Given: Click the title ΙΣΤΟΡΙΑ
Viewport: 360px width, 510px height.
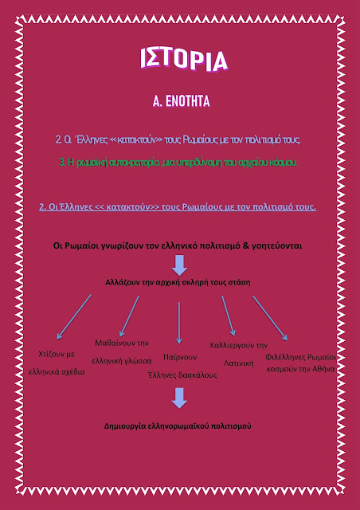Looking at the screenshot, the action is pos(184,60).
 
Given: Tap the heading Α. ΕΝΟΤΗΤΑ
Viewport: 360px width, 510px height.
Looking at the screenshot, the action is pos(181,101).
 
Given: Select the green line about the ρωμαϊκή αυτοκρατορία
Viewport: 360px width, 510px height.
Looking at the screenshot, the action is pos(178,163).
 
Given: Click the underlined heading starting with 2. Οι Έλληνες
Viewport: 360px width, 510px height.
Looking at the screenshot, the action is pos(178,207).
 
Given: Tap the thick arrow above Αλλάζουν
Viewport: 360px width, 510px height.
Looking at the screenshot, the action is pos(179,265).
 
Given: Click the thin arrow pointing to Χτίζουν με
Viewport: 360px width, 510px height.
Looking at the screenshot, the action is pos(74,317).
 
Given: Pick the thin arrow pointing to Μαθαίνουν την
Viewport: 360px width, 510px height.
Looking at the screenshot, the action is pos(130,316).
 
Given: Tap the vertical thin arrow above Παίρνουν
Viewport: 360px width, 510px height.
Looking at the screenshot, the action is pos(179,323).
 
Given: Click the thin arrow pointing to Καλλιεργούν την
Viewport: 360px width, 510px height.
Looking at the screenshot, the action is pos(229,316).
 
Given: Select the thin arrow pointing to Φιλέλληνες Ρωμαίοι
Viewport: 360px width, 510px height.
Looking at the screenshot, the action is pos(270,318).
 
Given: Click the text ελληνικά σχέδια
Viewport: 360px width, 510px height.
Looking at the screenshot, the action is pos(57,372).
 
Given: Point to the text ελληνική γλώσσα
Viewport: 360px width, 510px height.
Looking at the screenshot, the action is pos(122,361).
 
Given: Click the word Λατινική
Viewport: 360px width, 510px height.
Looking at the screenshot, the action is pos(239,363).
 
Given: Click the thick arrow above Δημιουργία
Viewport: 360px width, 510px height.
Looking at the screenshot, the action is pos(179,398).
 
